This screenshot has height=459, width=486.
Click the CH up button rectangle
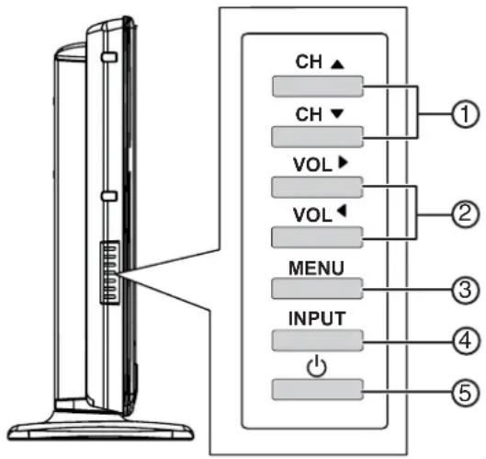(317, 87)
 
